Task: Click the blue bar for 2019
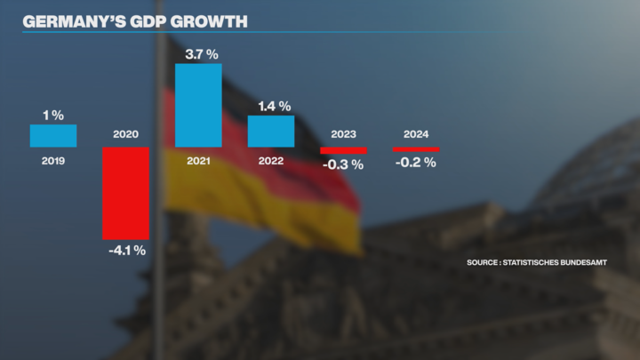click(53, 135)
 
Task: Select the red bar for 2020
click(125, 193)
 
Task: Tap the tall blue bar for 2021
click(198, 105)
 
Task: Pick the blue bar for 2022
click(270, 131)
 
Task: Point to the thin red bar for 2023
click(343, 150)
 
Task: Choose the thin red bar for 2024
click(416, 149)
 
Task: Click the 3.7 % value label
click(201, 54)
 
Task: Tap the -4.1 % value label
click(125, 251)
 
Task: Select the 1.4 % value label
click(274, 106)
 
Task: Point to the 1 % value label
click(52, 115)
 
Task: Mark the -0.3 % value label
click(344, 164)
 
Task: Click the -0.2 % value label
click(417, 162)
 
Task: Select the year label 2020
click(125, 135)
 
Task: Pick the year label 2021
click(198, 161)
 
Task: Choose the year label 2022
click(270, 161)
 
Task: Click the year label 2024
click(416, 135)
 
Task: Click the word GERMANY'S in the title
click(68, 20)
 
